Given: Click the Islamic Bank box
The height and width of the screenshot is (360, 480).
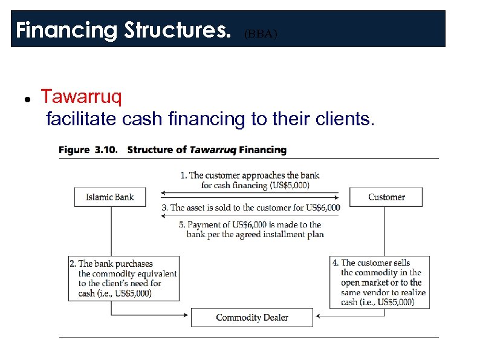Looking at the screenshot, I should [109, 197].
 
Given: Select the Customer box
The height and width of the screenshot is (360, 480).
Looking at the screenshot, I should [386, 197].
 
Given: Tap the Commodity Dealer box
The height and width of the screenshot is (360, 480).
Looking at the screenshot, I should [251, 318].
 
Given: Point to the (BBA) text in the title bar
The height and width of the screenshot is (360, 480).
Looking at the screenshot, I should [261, 34].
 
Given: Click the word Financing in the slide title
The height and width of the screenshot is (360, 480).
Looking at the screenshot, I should [66, 30].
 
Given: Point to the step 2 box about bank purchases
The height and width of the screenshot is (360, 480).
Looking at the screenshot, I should [124, 278].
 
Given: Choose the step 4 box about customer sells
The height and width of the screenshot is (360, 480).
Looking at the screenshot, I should [380, 281].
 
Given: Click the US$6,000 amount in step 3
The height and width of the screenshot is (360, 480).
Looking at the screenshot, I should [323, 208].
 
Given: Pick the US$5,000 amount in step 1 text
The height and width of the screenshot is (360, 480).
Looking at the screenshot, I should [290, 185].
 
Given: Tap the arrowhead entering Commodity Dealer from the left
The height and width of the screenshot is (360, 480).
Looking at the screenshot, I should [188, 315].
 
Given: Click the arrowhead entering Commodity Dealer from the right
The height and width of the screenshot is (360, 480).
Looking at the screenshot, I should [316, 315].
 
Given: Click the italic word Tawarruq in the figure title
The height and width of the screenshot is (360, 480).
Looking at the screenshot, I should [213, 149].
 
